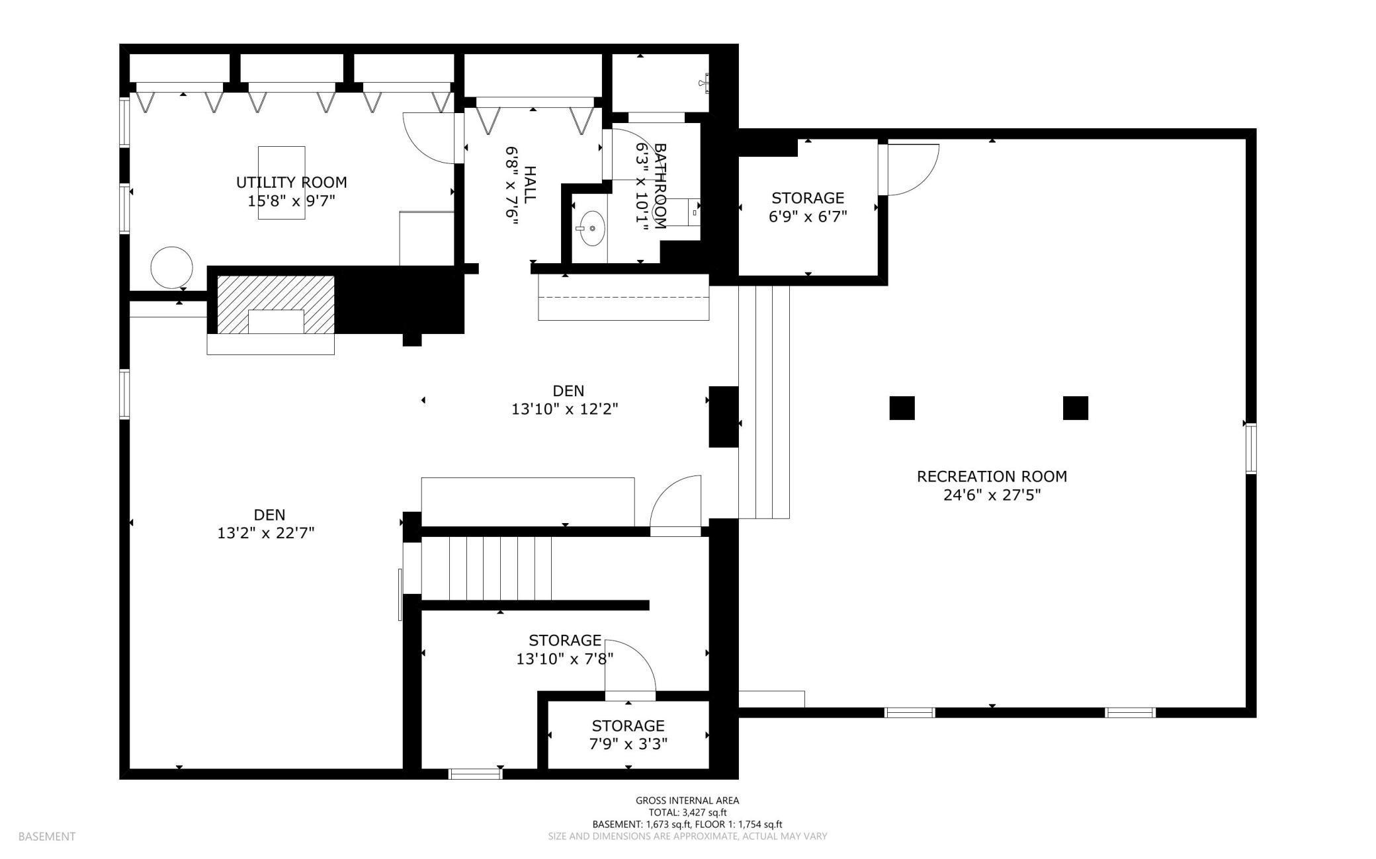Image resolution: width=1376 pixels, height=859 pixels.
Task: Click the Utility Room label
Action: coord(292,182)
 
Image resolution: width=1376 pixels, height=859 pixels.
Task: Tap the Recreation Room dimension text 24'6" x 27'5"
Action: coord(992,495)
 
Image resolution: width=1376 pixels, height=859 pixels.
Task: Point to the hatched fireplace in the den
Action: coord(276,305)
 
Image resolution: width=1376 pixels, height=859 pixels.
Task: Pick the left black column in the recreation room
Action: coord(902,408)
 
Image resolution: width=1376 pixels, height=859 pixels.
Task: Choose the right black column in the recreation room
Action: coord(1075,408)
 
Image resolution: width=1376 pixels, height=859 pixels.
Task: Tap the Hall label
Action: coord(530,184)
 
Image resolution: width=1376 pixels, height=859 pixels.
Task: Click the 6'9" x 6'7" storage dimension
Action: coord(808,216)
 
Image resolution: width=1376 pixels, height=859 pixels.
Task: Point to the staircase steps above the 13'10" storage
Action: coord(486,568)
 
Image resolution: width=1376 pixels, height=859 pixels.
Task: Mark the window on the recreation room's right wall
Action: coord(1250,448)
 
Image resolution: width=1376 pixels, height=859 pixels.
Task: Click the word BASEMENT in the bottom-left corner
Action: coord(47,837)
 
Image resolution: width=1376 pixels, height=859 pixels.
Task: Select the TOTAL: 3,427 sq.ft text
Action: coord(687,813)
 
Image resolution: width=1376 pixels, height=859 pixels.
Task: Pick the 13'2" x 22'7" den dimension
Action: coord(266,533)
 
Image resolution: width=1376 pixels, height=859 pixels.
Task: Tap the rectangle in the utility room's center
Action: coord(282,183)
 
